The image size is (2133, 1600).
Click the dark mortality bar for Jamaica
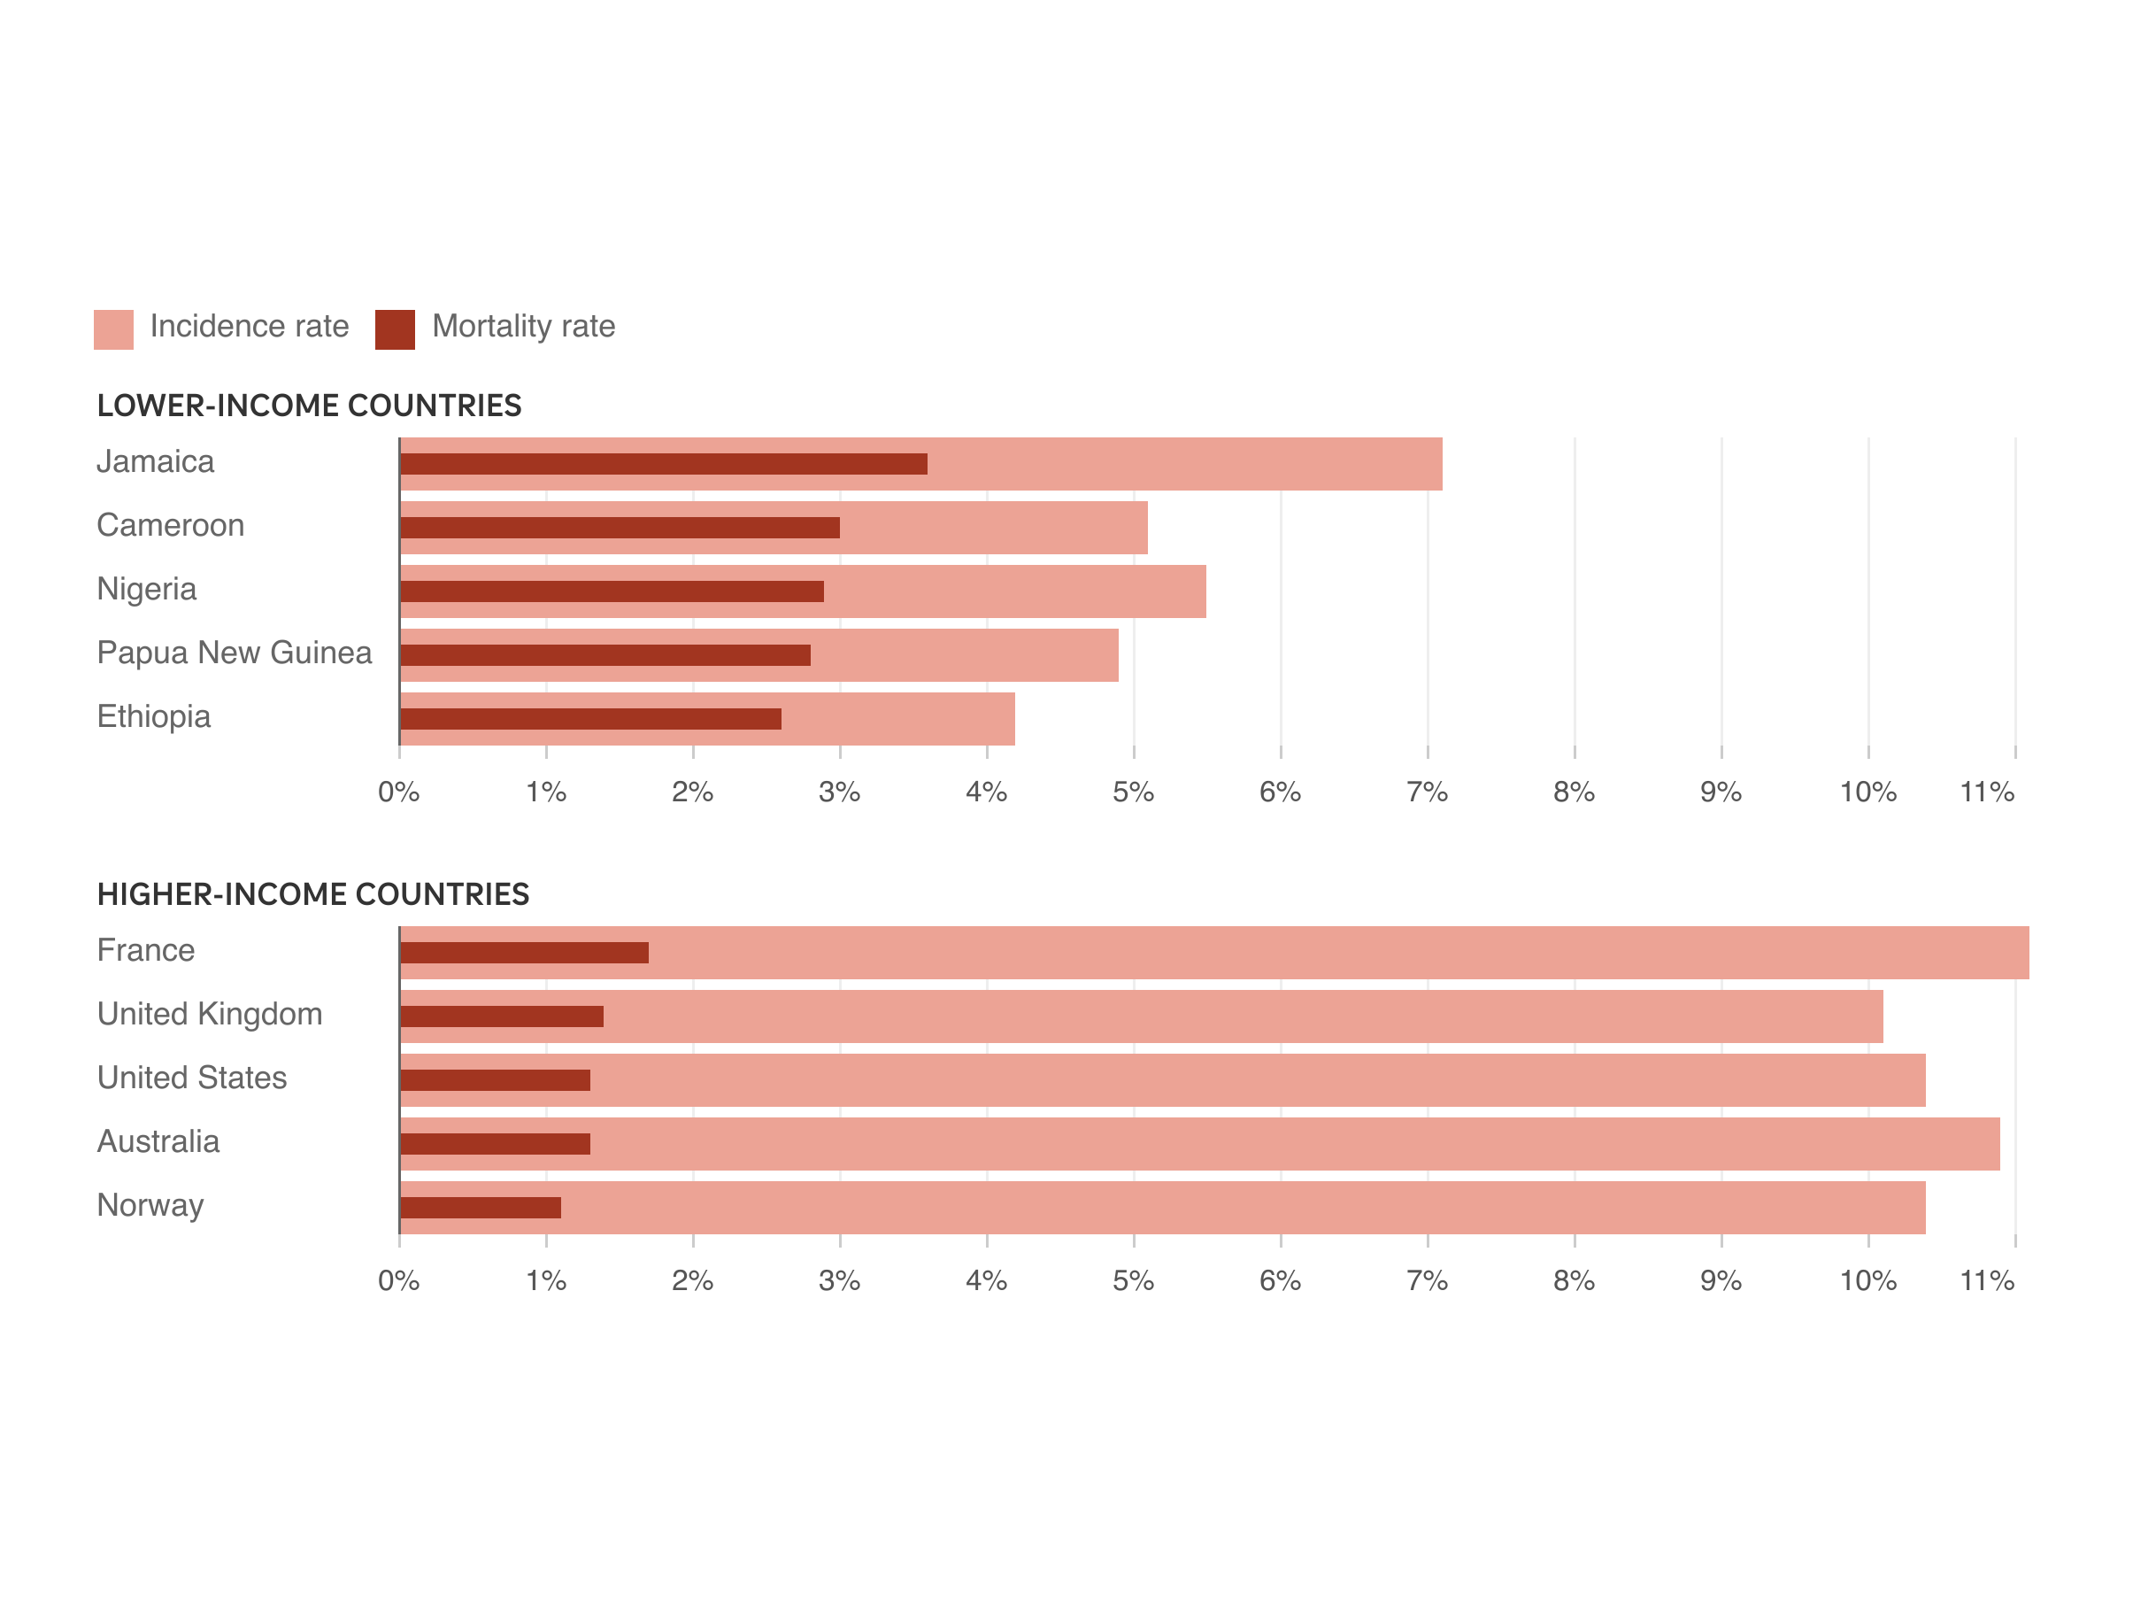click(664, 464)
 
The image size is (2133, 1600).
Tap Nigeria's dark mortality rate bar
click(612, 591)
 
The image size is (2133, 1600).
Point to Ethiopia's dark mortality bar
click(590, 718)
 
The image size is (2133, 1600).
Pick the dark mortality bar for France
click(524, 953)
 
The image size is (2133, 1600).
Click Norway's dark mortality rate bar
click(481, 1208)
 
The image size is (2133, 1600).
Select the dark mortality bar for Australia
click(495, 1144)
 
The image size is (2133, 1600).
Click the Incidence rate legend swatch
click(114, 329)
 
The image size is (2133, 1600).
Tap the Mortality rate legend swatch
click(395, 329)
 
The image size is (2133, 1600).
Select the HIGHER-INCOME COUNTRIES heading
click(312, 894)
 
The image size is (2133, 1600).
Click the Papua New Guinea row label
click(235, 653)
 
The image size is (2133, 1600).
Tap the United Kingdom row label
click(209, 1015)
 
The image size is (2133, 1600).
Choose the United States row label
click(192, 1078)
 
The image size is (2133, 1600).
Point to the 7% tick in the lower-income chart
click(1427, 792)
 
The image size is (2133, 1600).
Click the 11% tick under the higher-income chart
click(1986, 1280)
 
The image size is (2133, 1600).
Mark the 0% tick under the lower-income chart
click(398, 792)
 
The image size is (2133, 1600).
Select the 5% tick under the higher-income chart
click(1133, 1280)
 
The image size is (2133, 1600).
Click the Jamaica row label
click(155, 462)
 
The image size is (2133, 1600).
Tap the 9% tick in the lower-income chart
click(1721, 792)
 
